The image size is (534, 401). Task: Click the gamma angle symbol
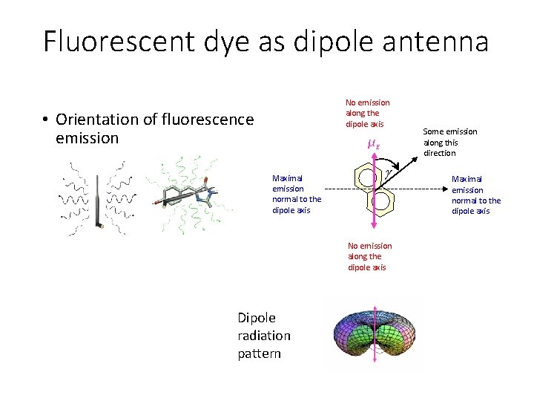[x=389, y=173]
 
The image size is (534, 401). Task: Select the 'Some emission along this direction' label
[x=450, y=142]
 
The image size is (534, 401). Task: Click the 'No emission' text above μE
[x=367, y=113]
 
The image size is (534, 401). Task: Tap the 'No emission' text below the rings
[x=369, y=256]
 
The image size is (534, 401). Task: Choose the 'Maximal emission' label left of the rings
[x=297, y=194]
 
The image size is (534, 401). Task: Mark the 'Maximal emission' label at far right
[x=476, y=195]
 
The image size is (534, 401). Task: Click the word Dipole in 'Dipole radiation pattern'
[x=256, y=318]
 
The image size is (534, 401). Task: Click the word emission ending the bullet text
[x=87, y=137]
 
